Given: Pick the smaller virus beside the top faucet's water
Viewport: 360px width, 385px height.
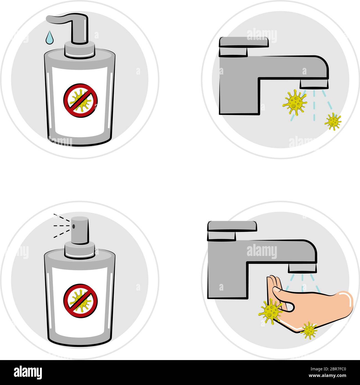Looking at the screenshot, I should point(333,121).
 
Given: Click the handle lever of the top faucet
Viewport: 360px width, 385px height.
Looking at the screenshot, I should point(244,42).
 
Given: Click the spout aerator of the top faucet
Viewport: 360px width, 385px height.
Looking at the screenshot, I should point(314,84).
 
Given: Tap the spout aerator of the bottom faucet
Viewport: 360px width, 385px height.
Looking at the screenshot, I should point(302,268).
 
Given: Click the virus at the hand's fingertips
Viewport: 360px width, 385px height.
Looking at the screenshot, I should point(270,311).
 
